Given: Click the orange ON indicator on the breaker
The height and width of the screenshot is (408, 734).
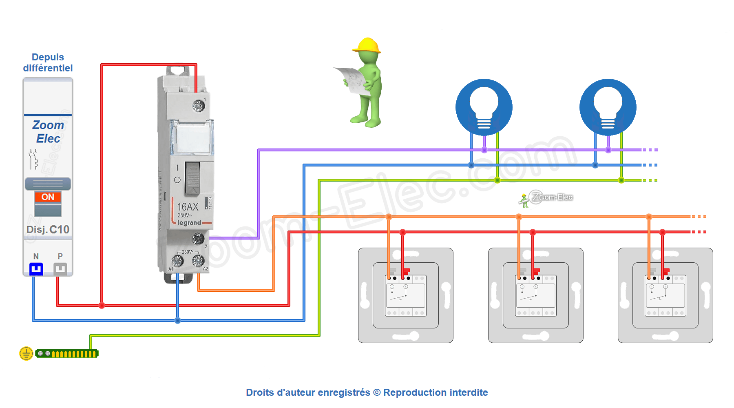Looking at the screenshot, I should (x=48, y=197).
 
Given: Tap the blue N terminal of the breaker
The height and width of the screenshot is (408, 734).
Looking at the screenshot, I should (x=36, y=269).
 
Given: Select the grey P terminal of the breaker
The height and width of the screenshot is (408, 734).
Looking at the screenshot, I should (x=60, y=269).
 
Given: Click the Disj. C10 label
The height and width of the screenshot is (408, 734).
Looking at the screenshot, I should (x=48, y=229).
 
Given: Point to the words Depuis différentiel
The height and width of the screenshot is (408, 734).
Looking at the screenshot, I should (x=48, y=62).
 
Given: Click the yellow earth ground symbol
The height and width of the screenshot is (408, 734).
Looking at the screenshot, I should (x=26, y=353).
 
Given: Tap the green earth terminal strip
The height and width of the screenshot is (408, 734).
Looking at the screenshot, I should (x=67, y=354).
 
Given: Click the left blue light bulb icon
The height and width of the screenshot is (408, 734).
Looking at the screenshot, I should (x=484, y=107).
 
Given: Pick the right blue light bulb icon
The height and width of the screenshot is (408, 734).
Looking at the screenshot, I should (x=608, y=107).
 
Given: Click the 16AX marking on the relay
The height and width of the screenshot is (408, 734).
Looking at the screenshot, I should (x=188, y=207).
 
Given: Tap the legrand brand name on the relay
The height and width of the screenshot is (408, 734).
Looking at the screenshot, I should (x=189, y=223).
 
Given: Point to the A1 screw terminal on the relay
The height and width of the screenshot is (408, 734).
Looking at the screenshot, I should (x=177, y=260).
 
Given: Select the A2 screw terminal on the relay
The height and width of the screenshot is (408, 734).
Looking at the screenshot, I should (x=198, y=260).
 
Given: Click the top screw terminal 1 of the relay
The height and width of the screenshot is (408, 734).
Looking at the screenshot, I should (x=198, y=106).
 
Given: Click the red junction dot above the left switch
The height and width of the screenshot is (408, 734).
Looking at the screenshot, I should (x=402, y=232).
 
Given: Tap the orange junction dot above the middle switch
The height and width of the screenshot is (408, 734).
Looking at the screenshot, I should (x=519, y=217).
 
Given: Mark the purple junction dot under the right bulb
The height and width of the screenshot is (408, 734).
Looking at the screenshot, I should (x=608, y=150).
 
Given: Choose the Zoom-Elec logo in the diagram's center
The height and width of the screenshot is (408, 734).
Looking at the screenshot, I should (x=546, y=198).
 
